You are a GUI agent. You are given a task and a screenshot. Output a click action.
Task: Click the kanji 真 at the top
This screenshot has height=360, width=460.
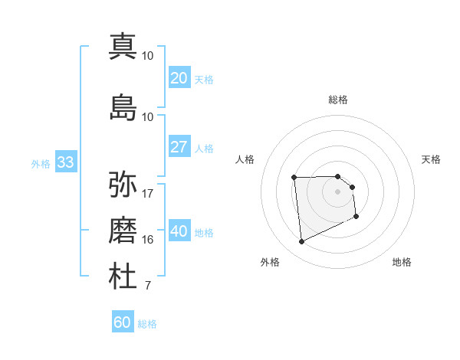[x=123, y=45]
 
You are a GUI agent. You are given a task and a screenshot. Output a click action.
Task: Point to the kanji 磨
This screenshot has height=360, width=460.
[x=123, y=230]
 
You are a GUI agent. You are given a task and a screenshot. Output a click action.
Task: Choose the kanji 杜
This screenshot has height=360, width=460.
[x=123, y=277]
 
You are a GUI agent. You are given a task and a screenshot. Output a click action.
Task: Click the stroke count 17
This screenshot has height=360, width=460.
[x=148, y=193]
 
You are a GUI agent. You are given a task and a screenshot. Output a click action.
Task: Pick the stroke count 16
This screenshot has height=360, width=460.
[x=148, y=240]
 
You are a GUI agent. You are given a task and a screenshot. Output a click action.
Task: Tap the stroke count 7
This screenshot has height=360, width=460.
[x=148, y=286]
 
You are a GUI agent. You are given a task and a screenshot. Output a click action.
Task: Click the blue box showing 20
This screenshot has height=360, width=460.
[x=179, y=78]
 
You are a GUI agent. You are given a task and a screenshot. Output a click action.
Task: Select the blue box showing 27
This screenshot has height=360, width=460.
[x=179, y=147]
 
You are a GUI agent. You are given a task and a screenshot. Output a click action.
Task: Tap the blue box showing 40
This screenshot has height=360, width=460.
[x=179, y=231]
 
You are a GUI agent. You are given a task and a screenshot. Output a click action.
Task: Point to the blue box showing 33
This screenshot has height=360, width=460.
[x=65, y=162]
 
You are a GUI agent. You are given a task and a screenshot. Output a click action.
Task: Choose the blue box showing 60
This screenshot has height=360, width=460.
[x=123, y=322]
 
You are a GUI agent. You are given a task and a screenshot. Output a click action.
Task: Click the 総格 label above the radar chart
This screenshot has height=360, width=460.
[x=338, y=100]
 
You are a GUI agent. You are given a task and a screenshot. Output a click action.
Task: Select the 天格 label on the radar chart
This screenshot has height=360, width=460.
[x=432, y=159]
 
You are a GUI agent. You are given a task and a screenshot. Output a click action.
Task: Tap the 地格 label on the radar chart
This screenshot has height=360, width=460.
[x=402, y=262]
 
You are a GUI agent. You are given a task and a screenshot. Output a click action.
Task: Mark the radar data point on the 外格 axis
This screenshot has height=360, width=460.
[x=301, y=242]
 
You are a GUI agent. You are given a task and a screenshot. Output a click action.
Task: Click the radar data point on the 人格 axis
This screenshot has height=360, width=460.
[x=294, y=178]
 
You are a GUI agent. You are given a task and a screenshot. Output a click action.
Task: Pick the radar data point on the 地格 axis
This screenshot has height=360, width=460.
[x=356, y=218]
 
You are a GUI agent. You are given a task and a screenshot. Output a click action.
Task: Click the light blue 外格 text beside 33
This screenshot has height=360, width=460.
[x=41, y=163]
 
